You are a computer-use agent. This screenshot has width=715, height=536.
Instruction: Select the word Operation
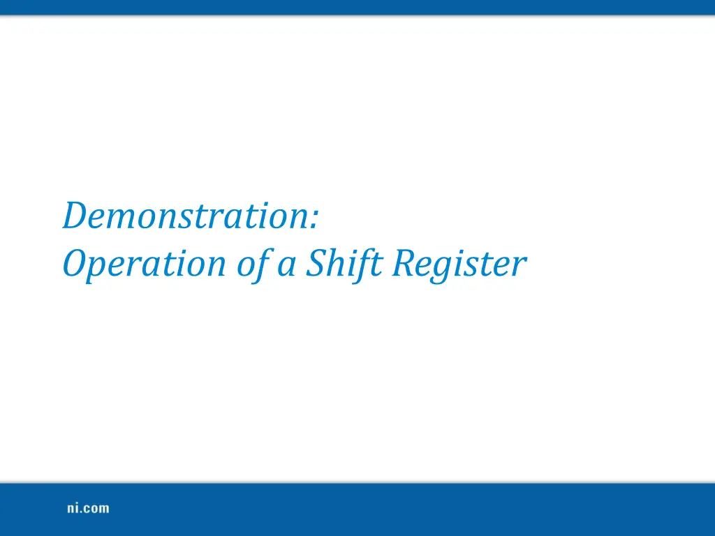140,265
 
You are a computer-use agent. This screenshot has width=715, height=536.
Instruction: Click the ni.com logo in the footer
88,509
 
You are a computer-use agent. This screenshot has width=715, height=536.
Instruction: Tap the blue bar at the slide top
357,7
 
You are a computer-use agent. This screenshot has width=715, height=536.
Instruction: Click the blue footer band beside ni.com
419,509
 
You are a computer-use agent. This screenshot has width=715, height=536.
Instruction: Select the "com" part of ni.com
98,509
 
